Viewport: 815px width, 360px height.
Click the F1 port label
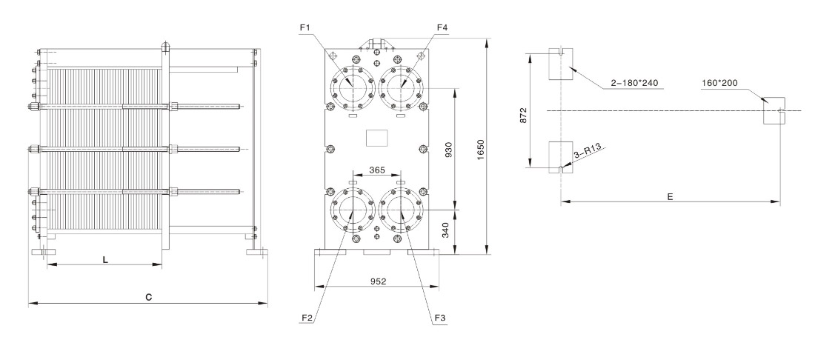(305, 28)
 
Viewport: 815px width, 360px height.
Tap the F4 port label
(442, 28)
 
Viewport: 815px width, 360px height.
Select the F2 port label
(305, 319)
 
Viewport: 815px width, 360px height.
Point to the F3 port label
(440, 319)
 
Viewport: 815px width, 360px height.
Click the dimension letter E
(669, 198)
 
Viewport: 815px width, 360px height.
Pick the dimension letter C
(148, 298)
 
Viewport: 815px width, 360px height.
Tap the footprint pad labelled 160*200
(774, 110)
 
